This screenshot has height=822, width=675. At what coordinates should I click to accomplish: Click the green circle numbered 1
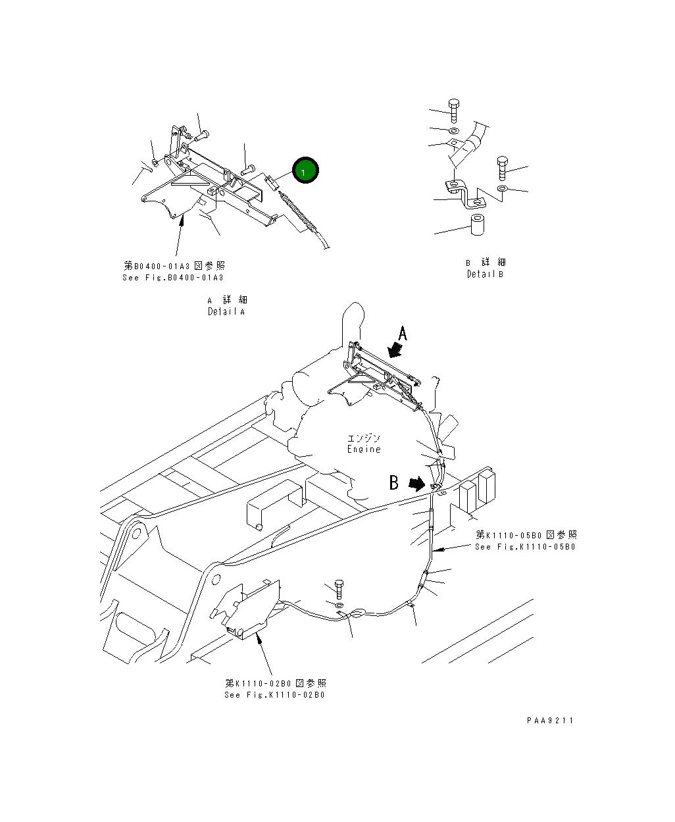point(305,171)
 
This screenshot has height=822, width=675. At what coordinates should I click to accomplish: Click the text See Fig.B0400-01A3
point(174,278)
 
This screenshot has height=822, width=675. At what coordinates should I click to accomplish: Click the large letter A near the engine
point(403,334)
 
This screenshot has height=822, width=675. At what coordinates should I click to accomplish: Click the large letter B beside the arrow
point(393,482)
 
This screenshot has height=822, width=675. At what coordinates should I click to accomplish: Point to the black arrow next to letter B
point(416,484)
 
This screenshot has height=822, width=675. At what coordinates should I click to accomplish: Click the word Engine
point(364,449)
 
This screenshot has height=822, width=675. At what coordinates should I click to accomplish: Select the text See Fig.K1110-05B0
point(525,547)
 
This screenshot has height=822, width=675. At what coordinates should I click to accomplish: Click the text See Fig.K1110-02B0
point(274,695)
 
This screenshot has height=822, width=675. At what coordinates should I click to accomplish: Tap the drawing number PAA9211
point(550,721)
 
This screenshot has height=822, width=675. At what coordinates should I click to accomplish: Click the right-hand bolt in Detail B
point(503,167)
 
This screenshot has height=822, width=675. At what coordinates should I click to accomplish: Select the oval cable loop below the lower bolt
point(354,613)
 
